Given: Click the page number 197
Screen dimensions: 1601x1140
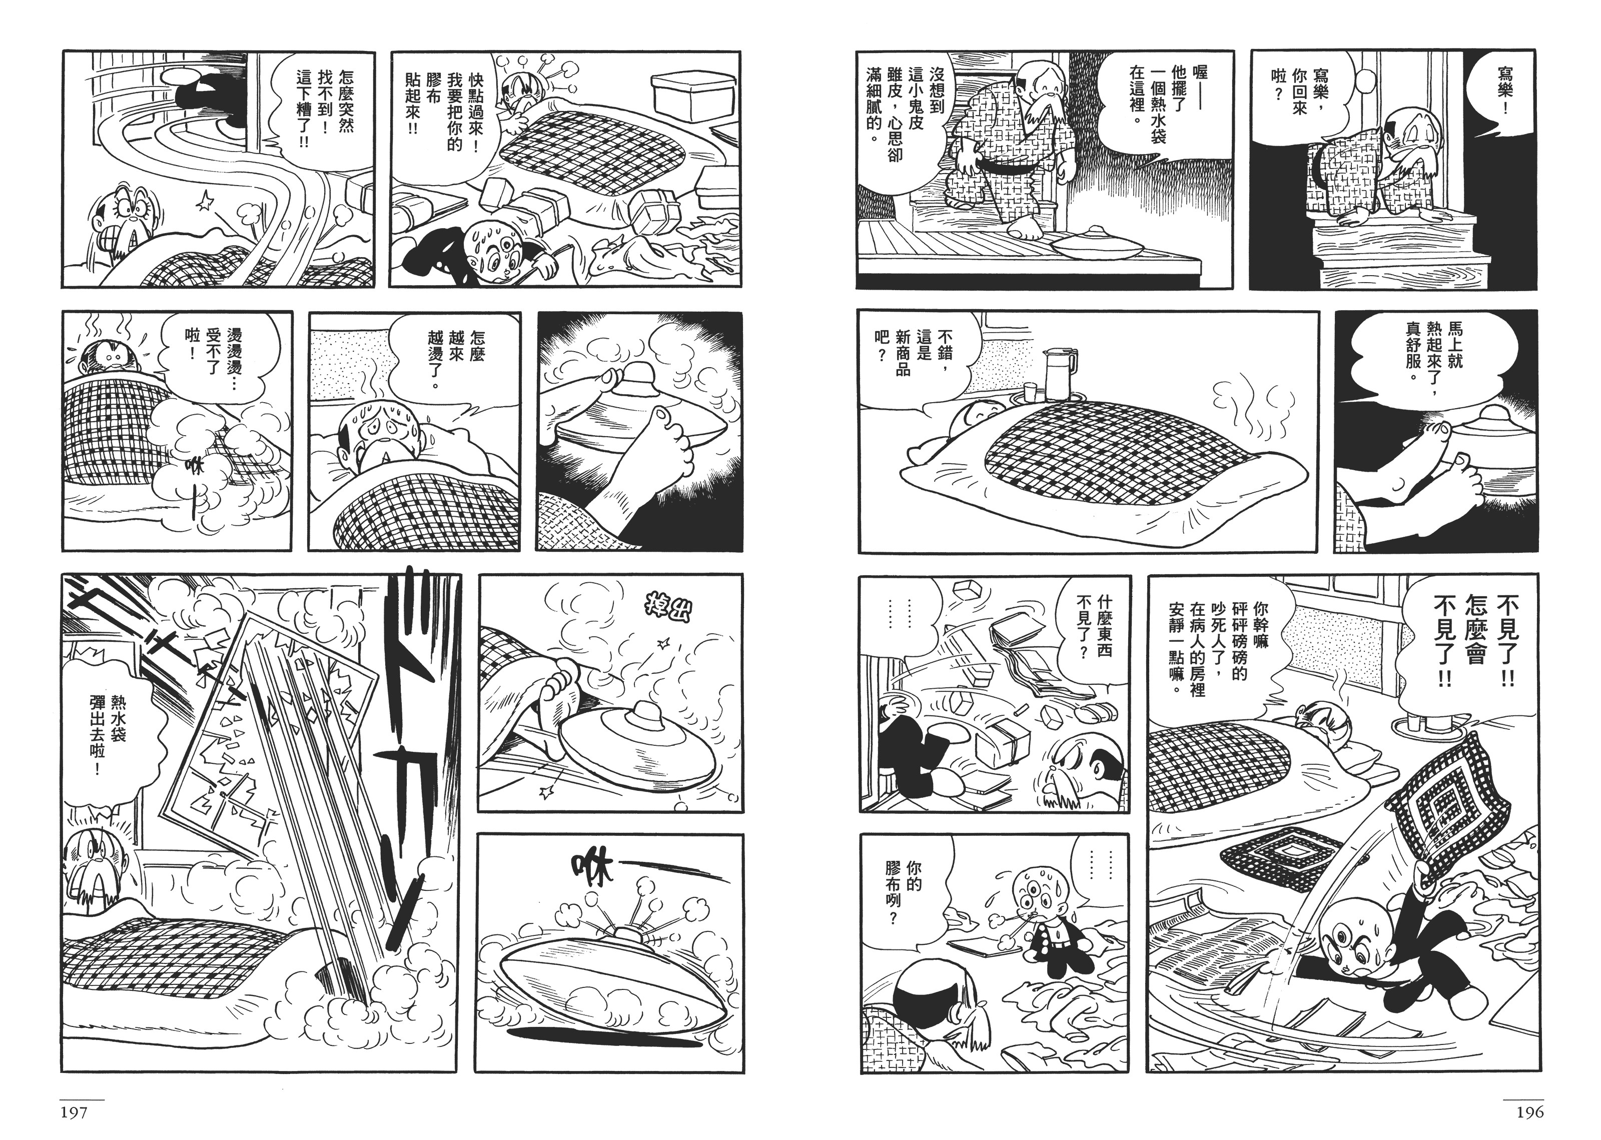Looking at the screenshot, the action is pyautogui.click(x=74, y=1112).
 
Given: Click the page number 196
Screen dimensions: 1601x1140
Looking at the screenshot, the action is pyautogui.click(x=1529, y=1112).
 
